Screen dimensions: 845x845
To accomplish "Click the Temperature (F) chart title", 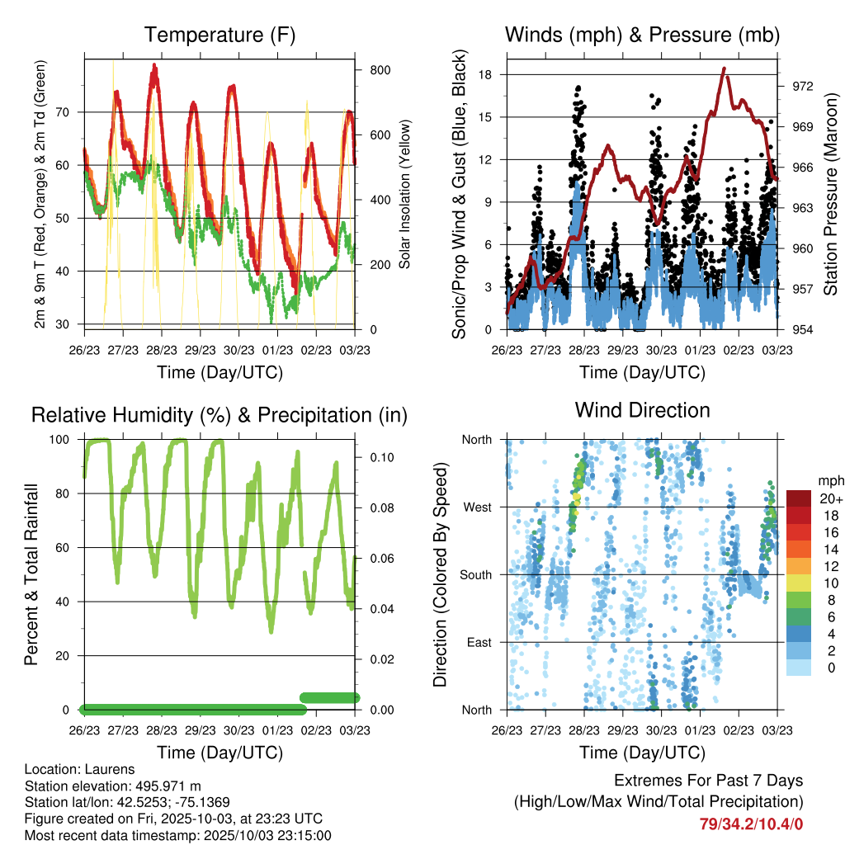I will point(220,35).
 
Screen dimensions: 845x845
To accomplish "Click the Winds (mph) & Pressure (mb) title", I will point(642,35).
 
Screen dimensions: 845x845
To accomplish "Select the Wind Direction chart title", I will point(642,410).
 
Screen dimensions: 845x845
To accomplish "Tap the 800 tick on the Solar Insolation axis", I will point(380,70).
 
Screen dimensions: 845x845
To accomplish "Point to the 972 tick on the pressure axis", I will point(803,86).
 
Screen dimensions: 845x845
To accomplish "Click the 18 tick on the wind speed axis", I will point(485,74).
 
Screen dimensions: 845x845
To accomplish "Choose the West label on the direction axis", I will point(476,507).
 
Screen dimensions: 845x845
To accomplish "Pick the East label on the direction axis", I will point(479,642).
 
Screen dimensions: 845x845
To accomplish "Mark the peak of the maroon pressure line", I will point(724,68).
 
